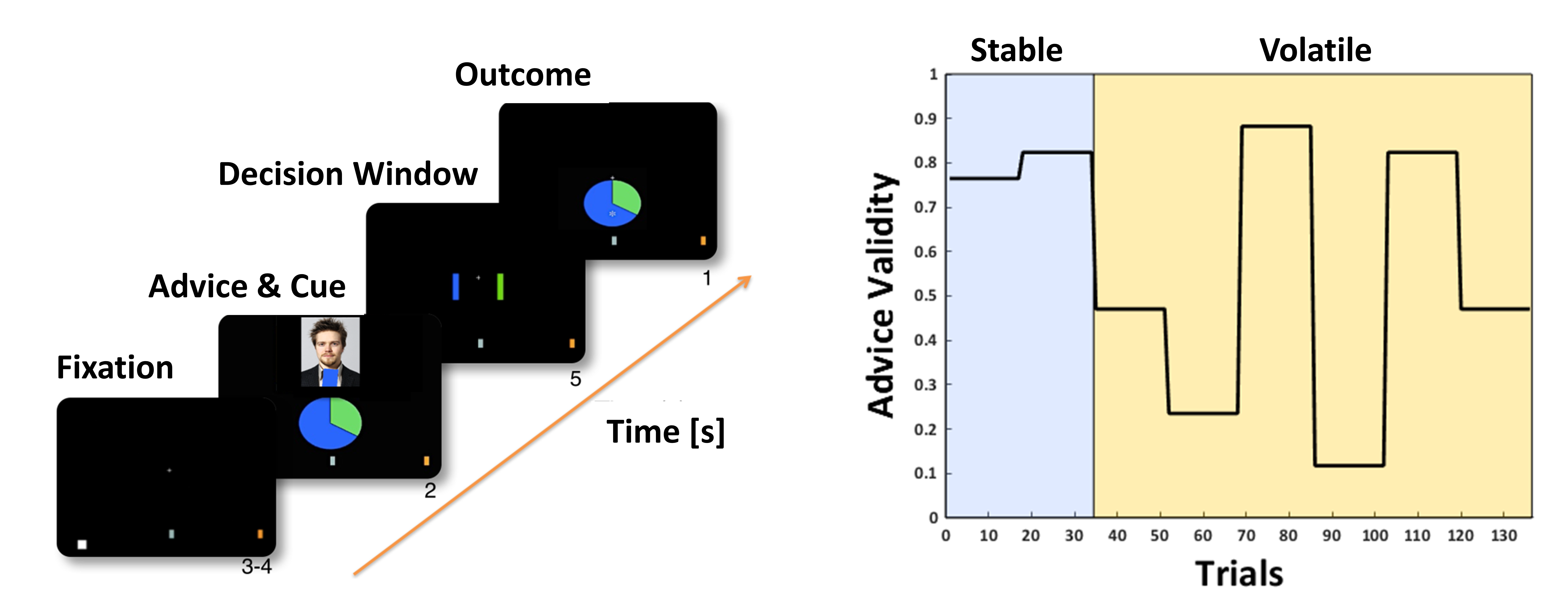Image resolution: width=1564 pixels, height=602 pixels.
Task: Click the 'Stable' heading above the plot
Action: pyautogui.click(x=1016, y=50)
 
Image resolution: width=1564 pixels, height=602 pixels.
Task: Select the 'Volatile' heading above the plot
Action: pyautogui.click(x=1315, y=50)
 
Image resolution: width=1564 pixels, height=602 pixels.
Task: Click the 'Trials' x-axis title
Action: pyautogui.click(x=1239, y=574)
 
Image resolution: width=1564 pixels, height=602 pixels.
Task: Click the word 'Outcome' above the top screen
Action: pyautogui.click(x=523, y=75)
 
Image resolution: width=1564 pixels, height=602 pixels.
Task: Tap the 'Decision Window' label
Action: pyautogui.click(x=348, y=174)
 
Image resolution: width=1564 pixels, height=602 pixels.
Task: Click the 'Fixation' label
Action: pyautogui.click(x=115, y=367)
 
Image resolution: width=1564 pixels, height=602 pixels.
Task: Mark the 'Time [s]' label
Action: pyautogui.click(x=666, y=432)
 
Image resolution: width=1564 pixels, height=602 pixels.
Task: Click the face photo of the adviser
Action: pyautogui.click(x=330, y=352)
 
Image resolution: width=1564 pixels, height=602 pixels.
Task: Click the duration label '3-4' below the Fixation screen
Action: pyautogui.click(x=257, y=567)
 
